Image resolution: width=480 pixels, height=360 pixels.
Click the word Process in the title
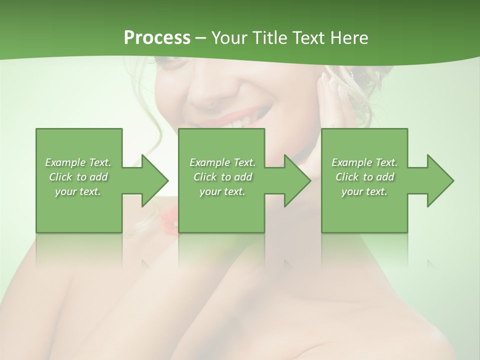pyautogui.click(x=157, y=37)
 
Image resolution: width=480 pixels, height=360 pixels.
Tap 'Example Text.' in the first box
pyautogui.click(x=78, y=162)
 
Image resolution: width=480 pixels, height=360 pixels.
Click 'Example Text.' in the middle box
pyautogui.click(x=222, y=162)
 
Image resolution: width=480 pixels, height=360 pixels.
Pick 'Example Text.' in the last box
pyautogui.click(x=364, y=162)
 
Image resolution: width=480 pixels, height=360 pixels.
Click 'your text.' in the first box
pyautogui.click(x=78, y=191)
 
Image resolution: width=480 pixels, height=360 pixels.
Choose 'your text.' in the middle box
pyautogui.click(x=222, y=191)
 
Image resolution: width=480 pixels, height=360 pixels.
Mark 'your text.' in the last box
pyautogui.click(x=364, y=191)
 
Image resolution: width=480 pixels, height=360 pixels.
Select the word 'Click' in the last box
pyautogui.click(x=347, y=177)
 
